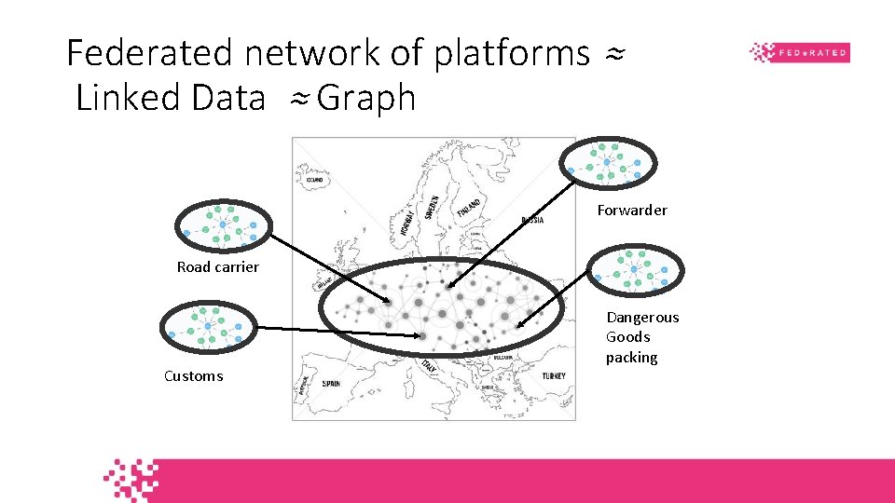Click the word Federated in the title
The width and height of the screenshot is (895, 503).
coord(150,53)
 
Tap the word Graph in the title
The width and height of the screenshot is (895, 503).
coord(365,97)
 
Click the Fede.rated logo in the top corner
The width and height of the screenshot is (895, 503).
coord(800,52)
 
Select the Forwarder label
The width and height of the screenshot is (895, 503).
coord(632,211)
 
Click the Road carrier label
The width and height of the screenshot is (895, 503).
coord(218,267)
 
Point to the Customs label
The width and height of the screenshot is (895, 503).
coord(194,376)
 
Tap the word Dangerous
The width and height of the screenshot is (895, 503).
coord(642,318)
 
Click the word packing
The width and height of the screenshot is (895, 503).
coord(631,358)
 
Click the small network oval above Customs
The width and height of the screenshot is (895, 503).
coord(207,327)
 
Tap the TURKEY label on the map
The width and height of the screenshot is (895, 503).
coord(553,375)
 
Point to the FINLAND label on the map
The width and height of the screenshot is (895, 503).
coord(470,205)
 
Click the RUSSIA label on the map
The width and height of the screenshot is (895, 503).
coord(532,221)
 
